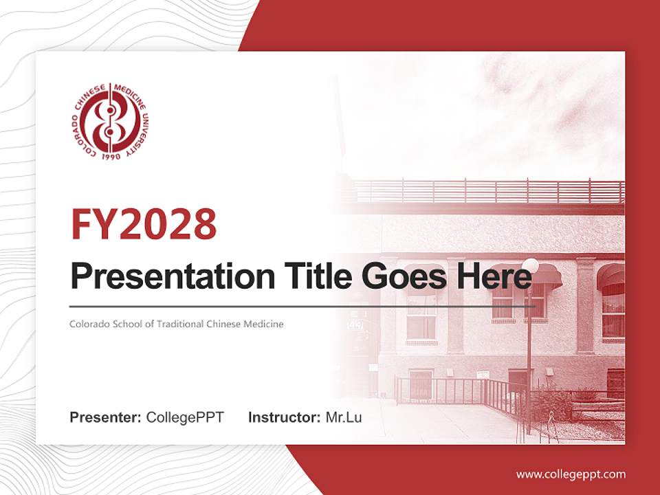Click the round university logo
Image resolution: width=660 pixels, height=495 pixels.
pos(110,123)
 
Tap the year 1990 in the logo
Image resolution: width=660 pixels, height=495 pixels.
pos(111,157)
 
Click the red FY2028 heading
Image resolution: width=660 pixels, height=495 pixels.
pos(144,224)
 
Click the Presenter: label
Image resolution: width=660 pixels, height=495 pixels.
pos(106,417)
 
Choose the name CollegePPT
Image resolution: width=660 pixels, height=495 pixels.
pos(185,417)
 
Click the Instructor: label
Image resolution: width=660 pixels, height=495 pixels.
pos(284,417)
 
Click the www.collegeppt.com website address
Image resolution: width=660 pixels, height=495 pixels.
pos(571,474)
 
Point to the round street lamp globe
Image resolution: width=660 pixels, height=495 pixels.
pos(530,265)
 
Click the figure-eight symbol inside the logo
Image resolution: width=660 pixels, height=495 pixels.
pos(110,123)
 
